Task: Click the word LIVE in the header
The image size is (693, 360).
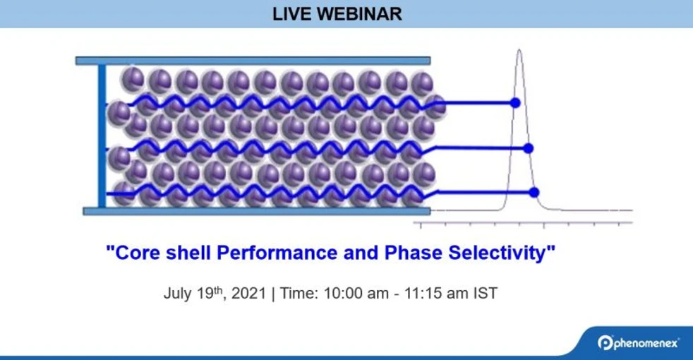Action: tap(291, 14)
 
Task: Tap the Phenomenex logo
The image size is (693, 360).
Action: tap(638, 342)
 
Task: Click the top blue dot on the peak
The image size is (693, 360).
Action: tap(515, 102)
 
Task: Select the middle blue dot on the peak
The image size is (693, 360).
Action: tap(529, 148)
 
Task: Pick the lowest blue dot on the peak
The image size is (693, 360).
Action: tap(534, 192)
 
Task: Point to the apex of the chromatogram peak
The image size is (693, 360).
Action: tap(519, 51)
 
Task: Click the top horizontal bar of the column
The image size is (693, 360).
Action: tap(253, 61)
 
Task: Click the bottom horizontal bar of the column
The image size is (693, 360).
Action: tap(256, 210)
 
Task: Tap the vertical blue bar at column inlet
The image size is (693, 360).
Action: tap(102, 136)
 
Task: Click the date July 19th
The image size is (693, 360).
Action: tap(193, 293)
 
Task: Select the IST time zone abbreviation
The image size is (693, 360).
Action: tap(485, 294)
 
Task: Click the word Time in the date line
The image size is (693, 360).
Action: tap(298, 294)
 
